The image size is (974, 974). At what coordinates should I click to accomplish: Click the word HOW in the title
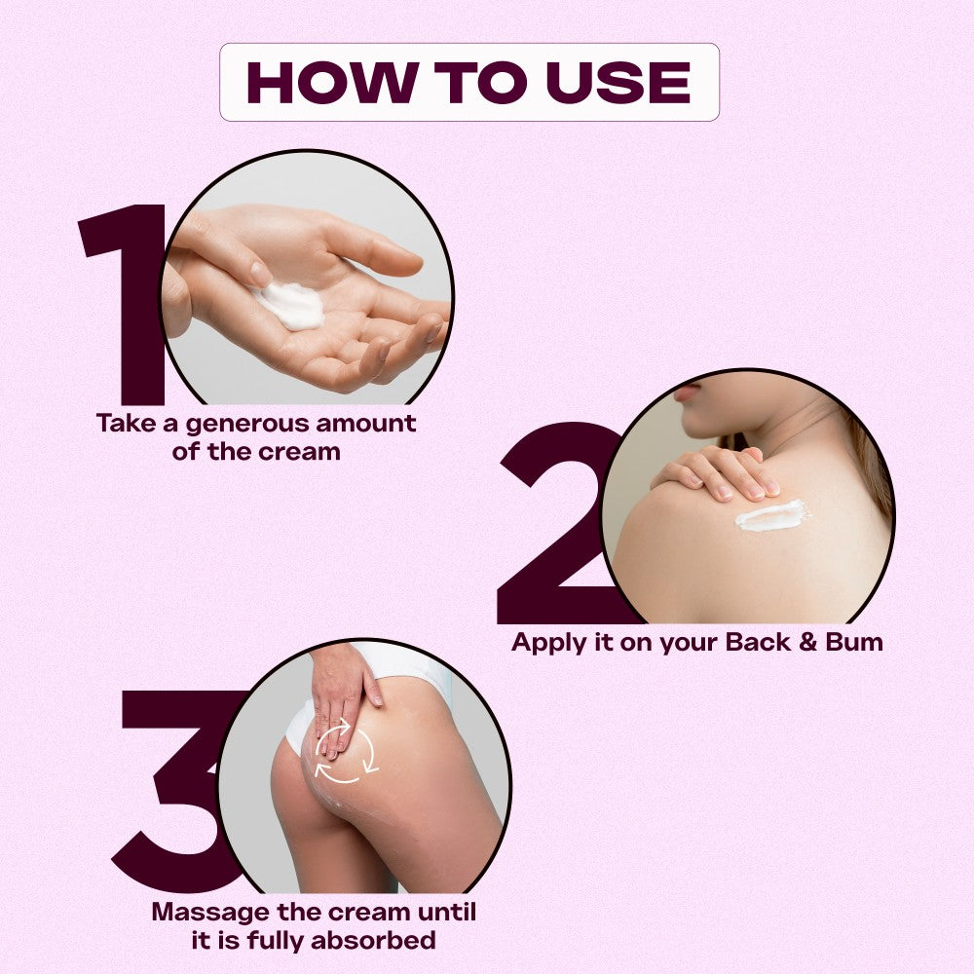[332, 82]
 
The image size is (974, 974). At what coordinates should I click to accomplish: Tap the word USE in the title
[618, 82]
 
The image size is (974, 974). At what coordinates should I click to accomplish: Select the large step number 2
[559, 523]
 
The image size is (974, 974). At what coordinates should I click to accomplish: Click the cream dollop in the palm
[290, 305]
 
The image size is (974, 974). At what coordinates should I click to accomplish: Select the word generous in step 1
[247, 425]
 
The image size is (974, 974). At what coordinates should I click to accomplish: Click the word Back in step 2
[758, 642]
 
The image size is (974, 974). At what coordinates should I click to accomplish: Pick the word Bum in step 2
[854, 642]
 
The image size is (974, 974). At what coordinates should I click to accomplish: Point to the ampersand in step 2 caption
[807, 642]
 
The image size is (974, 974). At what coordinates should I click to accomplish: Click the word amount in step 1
[366, 424]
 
